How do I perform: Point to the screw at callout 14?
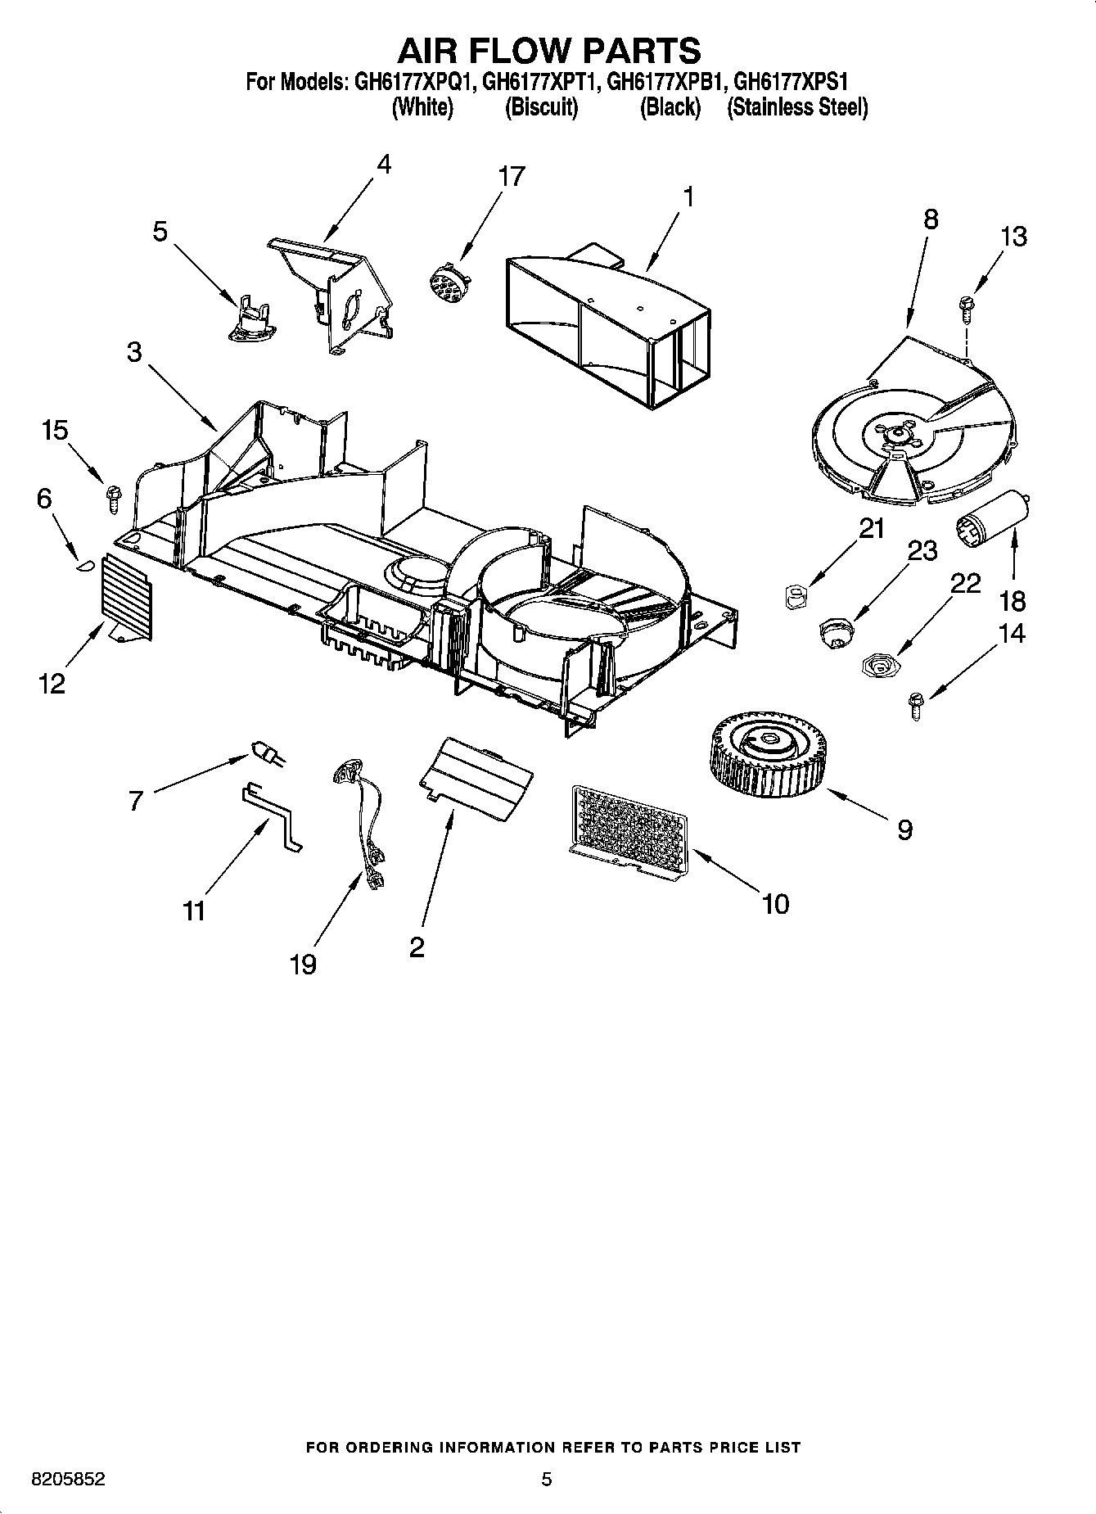coord(915,704)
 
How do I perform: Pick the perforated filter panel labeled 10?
coord(626,834)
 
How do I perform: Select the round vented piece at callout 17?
coord(445,281)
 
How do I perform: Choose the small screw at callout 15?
coord(112,496)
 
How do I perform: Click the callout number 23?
coord(922,551)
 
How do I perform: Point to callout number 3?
coord(133,353)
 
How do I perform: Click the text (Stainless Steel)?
coord(796,107)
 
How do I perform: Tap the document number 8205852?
coord(68,1480)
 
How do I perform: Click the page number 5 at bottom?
coord(546,1480)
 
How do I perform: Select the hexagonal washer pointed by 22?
coord(878,665)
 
